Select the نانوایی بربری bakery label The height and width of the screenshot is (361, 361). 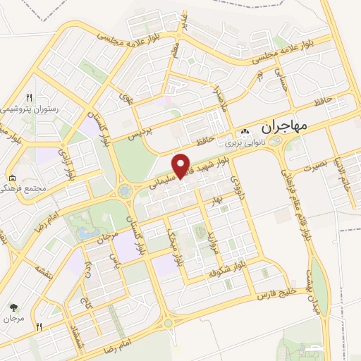[244, 142]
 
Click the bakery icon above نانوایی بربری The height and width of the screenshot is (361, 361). [244, 132]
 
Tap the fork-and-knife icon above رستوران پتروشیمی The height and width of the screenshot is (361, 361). [29, 97]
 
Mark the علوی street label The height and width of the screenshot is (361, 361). [126, 97]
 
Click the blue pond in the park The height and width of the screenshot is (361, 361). [86, 233]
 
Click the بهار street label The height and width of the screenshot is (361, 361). [215, 202]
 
